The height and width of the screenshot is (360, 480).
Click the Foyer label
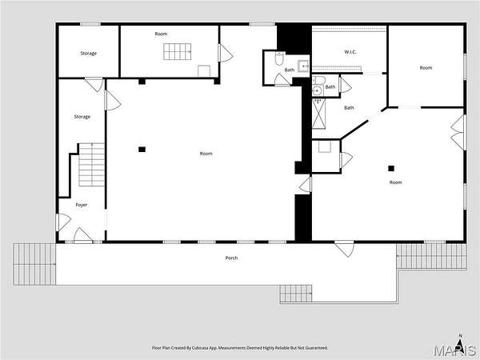click(x=82, y=205)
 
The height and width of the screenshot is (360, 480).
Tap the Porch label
click(x=231, y=258)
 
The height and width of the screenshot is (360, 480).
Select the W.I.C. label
click(x=350, y=52)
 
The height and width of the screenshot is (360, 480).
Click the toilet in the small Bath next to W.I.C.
click(x=319, y=80)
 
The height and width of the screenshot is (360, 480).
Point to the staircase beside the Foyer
click(x=92, y=165)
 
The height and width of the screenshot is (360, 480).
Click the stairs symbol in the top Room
click(x=178, y=52)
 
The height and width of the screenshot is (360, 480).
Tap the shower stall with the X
click(x=319, y=114)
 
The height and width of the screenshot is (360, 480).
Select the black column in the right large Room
click(x=391, y=168)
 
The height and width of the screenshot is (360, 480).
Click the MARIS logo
click(x=455, y=350)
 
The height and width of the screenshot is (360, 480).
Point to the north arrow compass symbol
click(x=460, y=340)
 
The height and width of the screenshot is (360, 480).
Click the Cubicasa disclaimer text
click(x=240, y=348)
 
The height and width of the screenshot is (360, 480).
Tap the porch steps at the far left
click(x=34, y=264)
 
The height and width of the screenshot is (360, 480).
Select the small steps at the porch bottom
click(x=296, y=294)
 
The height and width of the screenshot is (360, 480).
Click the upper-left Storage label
click(x=89, y=54)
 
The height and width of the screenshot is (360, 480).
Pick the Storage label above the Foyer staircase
click(x=82, y=117)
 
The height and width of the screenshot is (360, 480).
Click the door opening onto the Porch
click(x=345, y=248)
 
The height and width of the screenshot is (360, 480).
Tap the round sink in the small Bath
click(x=317, y=90)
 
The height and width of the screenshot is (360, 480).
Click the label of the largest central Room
click(x=206, y=154)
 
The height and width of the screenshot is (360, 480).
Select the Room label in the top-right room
click(x=426, y=68)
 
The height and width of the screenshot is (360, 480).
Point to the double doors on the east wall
click(x=458, y=133)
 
